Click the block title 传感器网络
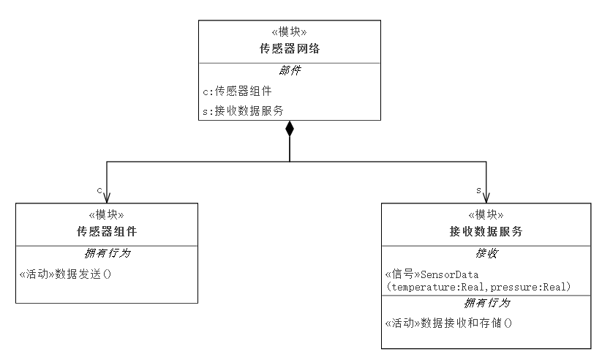tap(290, 48)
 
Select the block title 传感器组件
tap(107, 231)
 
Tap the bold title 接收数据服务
tap(486, 231)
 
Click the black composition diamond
tap(290, 128)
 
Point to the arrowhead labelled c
tap(107, 198)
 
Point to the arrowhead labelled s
tap(486, 198)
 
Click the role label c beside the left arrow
tap(99, 190)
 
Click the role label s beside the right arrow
tap(478, 190)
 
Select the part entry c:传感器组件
tap(237, 91)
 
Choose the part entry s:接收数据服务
tap(243, 110)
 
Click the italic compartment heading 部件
tap(290, 70)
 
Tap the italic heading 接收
tap(486, 253)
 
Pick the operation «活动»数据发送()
tap(65, 274)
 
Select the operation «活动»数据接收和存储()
tap(448, 323)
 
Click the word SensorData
tap(450, 274)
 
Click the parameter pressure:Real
tap(528, 287)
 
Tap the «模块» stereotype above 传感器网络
tap(290, 31)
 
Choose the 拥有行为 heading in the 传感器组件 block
tap(108, 253)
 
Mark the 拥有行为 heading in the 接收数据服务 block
tap(487, 303)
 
